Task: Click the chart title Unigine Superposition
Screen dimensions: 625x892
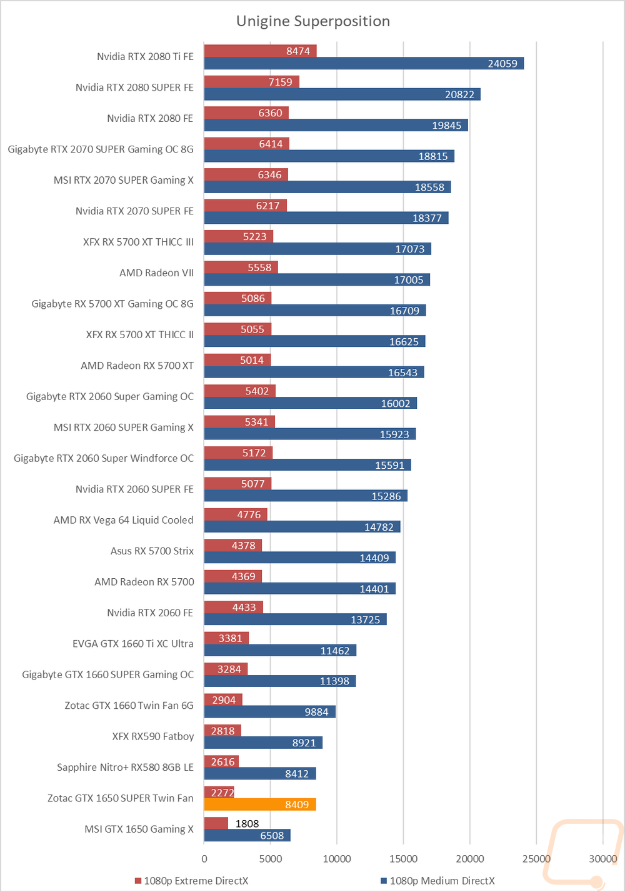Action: [313, 21]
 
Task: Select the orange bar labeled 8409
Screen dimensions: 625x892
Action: [260, 804]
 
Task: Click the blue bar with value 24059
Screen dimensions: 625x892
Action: [364, 63]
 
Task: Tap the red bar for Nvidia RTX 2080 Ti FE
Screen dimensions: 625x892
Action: [261, 51]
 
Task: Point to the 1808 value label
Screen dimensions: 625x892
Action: [247, 823]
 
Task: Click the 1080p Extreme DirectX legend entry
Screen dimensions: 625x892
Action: [191, 881]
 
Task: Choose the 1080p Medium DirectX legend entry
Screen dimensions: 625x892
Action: [438, 881]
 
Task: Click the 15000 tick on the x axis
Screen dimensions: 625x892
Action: [403, 858]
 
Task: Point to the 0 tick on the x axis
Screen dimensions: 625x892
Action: [204, 858]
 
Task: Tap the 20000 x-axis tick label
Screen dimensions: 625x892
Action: [470, 858]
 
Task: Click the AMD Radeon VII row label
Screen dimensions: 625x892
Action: [156, 273]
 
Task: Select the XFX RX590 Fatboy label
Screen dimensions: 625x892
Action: [153, 736]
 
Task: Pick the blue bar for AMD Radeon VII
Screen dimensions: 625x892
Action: [317, 279]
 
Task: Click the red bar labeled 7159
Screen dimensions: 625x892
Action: [252, 82]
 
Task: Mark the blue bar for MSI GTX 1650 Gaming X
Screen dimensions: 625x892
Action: [247, 835]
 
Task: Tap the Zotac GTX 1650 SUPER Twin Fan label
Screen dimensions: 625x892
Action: [120, 798]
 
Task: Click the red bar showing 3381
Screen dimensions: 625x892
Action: [226, 638]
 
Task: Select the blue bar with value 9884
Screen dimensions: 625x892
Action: [270, 711]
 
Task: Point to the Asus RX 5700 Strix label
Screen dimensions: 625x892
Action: [152, 551]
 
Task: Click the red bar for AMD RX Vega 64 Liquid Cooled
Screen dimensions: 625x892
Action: [236, 514]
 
